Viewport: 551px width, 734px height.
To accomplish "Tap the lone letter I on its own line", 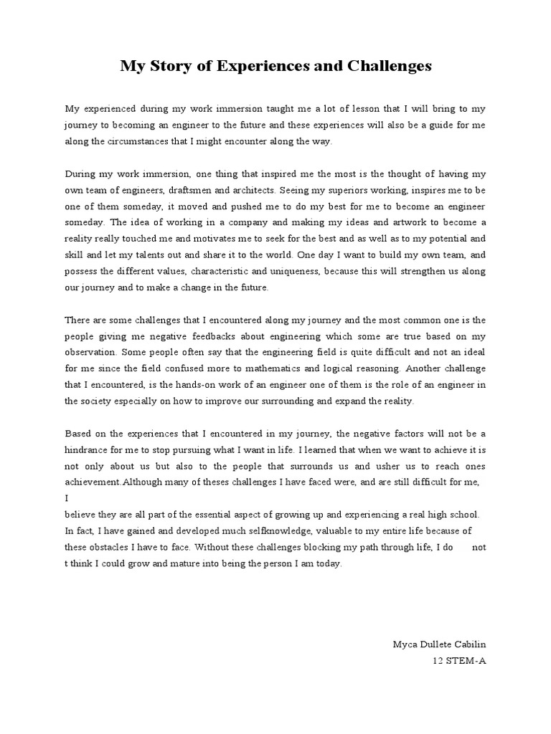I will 67,498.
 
